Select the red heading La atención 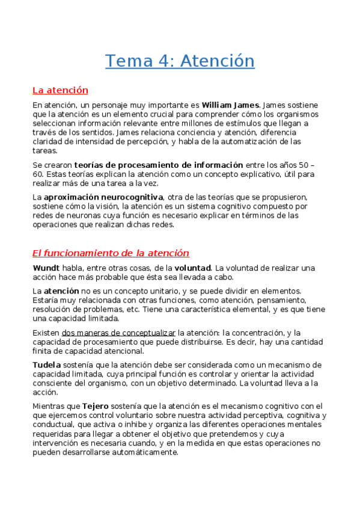60,90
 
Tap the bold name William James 231,105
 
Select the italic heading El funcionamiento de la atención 111,253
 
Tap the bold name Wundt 44,268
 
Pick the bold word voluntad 192,268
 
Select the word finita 43,351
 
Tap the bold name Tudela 46,365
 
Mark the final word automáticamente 142,453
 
